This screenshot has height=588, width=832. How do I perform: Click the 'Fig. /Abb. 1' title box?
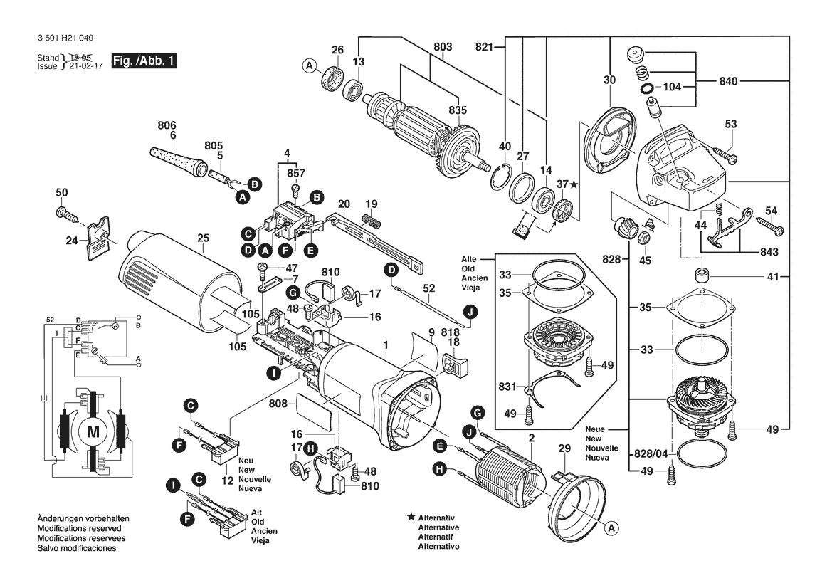[143, 61]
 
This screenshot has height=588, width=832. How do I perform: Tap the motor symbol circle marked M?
[93, 432]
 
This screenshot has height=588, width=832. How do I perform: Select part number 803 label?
[443, 47]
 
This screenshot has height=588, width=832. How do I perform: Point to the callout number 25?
[204, 238]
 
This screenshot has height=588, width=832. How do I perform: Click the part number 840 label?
[728, 81]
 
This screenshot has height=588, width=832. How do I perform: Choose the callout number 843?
[769, 251]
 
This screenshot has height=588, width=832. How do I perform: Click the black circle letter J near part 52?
[470, 312]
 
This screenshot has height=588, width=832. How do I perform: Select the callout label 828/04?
[651, 454]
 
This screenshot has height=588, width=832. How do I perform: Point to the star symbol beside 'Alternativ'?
[411, 516]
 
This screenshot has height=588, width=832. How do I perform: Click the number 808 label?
[278, 404]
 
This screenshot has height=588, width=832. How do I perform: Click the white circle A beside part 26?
[310, 66]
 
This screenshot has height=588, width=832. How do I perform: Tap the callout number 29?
[564, 448]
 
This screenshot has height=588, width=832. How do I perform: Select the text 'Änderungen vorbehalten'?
[83, 518]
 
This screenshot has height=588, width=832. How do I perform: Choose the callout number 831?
[507, 387]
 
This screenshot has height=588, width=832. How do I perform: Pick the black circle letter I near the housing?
[273, 374]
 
